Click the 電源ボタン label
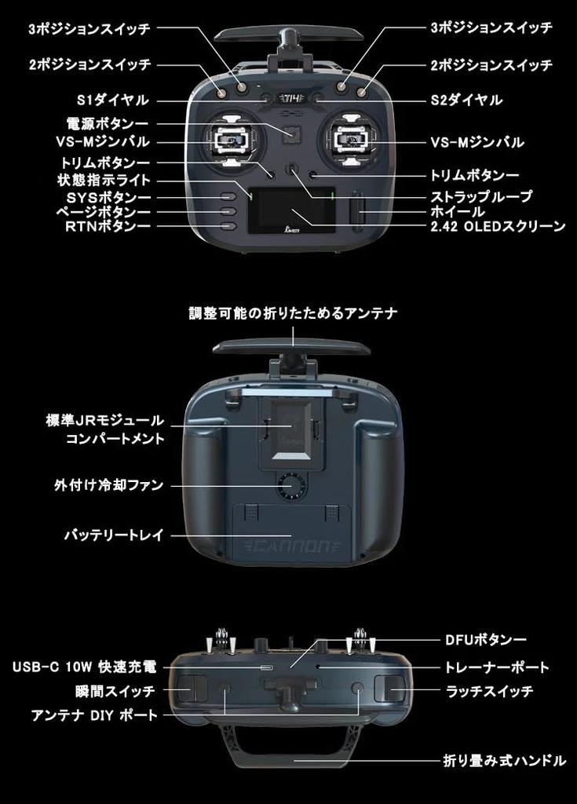(108, 123)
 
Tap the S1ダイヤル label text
(113, 100)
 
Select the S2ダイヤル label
(466, 100)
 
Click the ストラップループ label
(481, 196)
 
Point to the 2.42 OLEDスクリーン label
(498, 226)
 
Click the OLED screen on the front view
(292, 211)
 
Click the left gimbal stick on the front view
(236, 140)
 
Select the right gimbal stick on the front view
(352, 140)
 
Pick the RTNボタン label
(108, 226)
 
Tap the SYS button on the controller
(228, 196)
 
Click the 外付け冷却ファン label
(109, 485)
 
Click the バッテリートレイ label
(114, 535)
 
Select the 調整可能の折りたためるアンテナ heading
(293, 313)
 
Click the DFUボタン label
(485, 640)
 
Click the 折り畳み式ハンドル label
(505, 760)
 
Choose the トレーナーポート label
(497, 667)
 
